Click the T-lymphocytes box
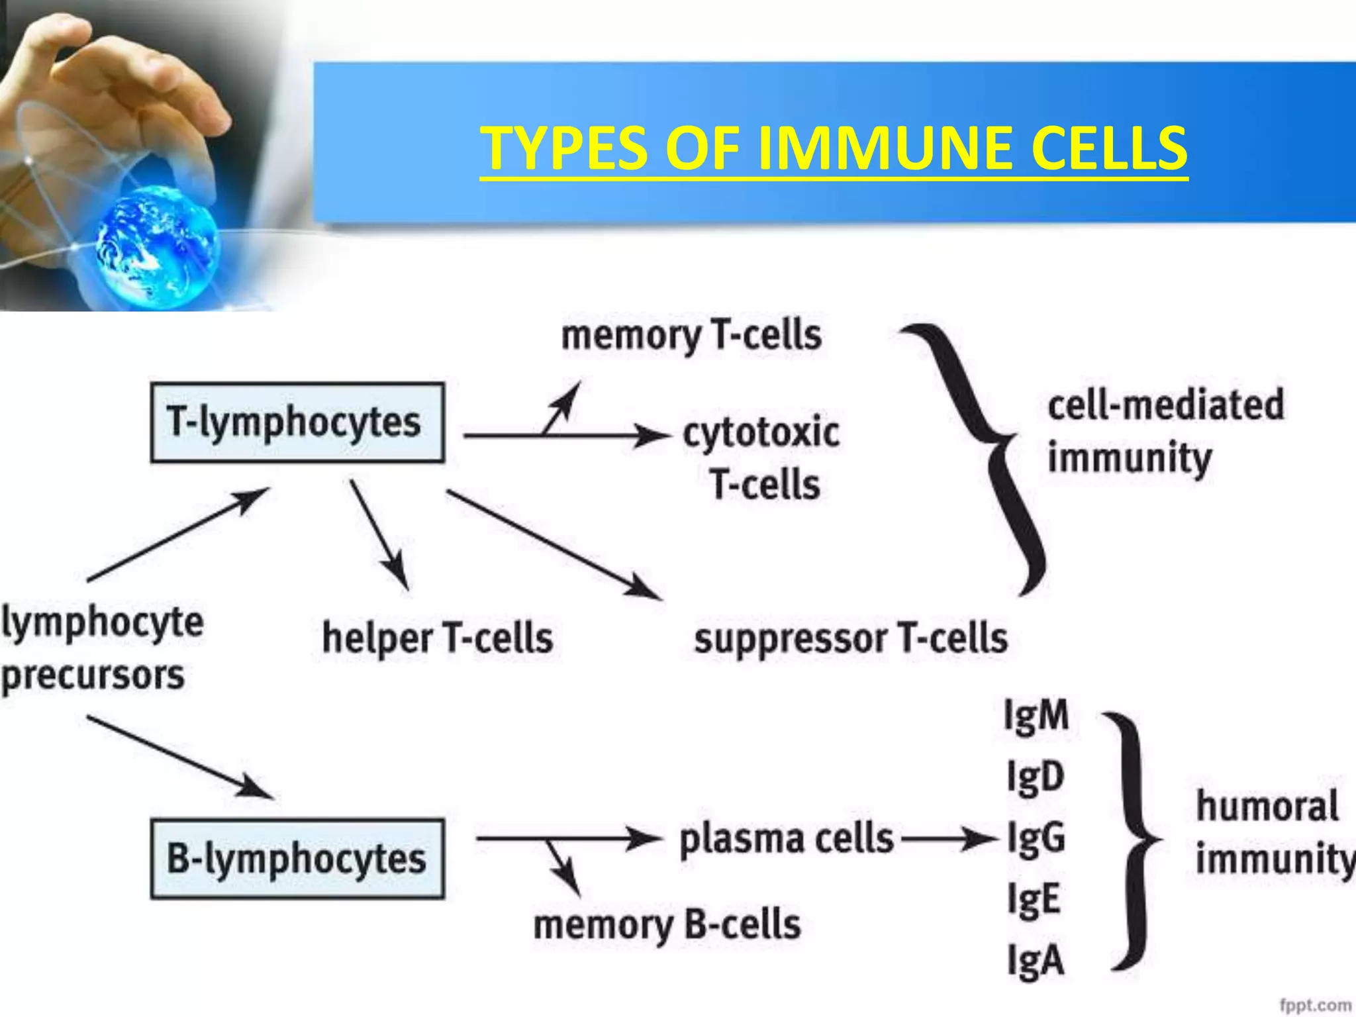297,422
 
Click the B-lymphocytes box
297,859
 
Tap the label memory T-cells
691,336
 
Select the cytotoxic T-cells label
761,458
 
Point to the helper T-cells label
437,638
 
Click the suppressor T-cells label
851,638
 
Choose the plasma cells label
787,839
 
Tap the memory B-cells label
667,924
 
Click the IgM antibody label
1036,716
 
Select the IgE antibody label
1034,900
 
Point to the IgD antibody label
1035,777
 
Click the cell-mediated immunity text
1165,431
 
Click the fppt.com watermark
1315,1005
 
